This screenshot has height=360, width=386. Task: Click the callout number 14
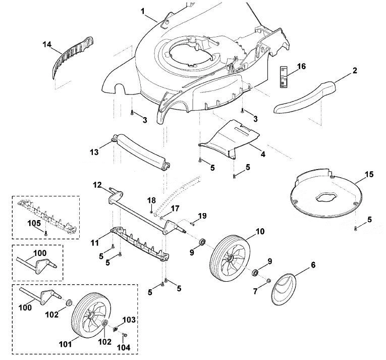pyautogui.click(x=47, y=44)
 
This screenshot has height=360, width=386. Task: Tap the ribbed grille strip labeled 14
pyautogui.click(x=71, y=57)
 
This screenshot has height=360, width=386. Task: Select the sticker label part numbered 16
pyautogui.click(x=284, y=77)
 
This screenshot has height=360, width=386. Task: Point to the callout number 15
pyautogui.click(x=369, y=174)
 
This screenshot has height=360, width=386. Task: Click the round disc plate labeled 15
pyautogui.click(x=326, y=193)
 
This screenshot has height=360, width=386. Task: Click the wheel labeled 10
pyautogui.click(x=230, y=258)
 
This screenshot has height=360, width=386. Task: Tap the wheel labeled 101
pyautogui.click(x=91, y=316)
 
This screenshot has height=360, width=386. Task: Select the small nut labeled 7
pyautogui.click(x=268, y=280)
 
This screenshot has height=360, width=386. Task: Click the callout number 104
pyautogui.click(x=123, y=347)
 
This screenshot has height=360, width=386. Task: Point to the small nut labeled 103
pyautogui.click(x=115, y=329)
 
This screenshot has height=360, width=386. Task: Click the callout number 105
pyautogui.click(x=34, y=223)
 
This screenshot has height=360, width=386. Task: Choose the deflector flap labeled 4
pyautogui.click(x=229, y=139)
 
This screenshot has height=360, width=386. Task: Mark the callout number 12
pyautogui.click(x=97, y=185)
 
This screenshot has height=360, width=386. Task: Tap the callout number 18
pyautogui.click(x=152, y=200)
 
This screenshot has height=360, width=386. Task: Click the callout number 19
pyautogui.click(x=202, y=216)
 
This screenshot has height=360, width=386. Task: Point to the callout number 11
pyautogui.click(x=94, y=243)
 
